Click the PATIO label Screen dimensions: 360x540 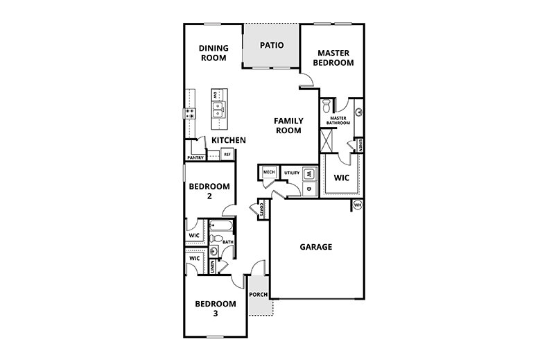click(271, 46)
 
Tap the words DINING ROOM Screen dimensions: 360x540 click(213, 53)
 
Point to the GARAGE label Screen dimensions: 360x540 click(315, 246)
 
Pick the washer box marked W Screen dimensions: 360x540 click(309, 174)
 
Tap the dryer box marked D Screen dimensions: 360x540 click(309, 187)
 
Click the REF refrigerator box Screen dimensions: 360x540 click(227, 154)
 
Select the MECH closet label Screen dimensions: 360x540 click(268, 172)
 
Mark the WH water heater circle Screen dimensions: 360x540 click(358, 205)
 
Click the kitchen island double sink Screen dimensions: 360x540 click(218, 108)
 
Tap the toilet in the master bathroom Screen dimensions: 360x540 click(326, 108)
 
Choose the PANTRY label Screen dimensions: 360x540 click(195, 157)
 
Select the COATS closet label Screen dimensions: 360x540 click(261, 209)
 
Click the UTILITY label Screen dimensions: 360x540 click(291, 172)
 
